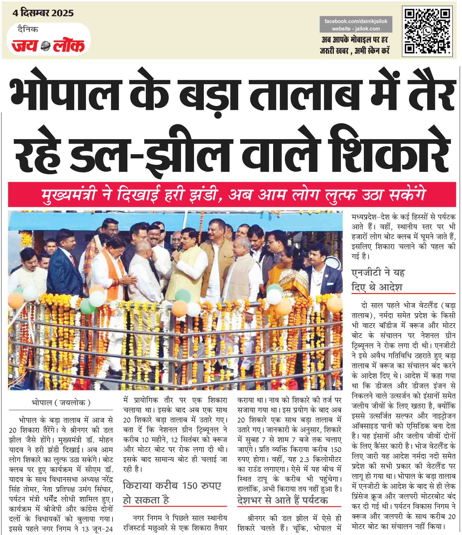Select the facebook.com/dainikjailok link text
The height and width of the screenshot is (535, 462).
pyautogui.click(x=356, y=21)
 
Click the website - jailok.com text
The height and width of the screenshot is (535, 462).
pyautogui.click(x=356, y=28)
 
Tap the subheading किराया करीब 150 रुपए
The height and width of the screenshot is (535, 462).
pyautogui.click(x=172, y=486)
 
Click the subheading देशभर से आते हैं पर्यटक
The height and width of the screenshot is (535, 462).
pyautogui.click(x=282, y=500)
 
